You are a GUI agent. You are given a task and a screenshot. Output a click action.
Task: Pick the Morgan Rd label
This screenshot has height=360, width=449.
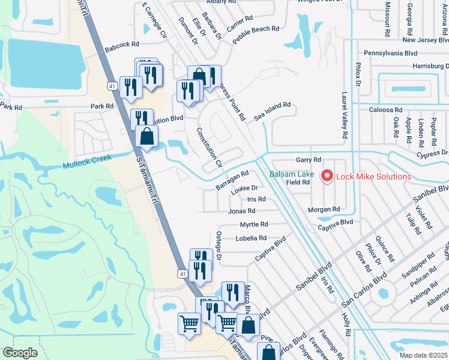point(324,209)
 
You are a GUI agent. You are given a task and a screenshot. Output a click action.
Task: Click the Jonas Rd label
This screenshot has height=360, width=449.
point(241,211)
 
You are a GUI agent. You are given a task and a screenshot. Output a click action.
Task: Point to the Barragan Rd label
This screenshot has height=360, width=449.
point(232,180)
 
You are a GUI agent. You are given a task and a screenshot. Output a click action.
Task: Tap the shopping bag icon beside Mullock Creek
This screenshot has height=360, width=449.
point(146,137)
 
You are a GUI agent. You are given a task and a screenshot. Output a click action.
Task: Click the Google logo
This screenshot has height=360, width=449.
point(20,352)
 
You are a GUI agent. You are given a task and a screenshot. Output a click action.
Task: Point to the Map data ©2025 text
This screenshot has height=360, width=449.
point(423,356)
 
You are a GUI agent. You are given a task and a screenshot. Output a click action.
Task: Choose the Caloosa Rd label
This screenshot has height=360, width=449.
point(386,110)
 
